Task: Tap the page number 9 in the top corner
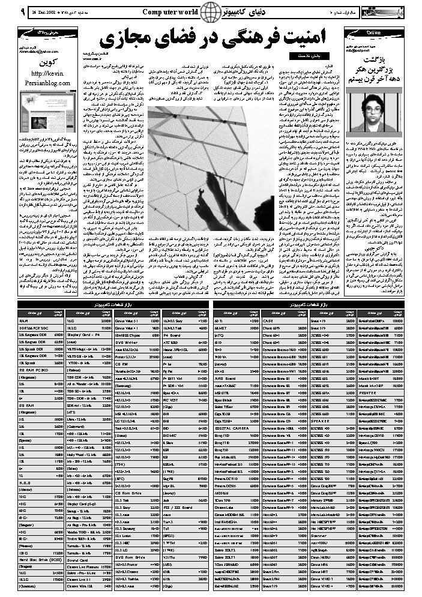coord(5,10)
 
